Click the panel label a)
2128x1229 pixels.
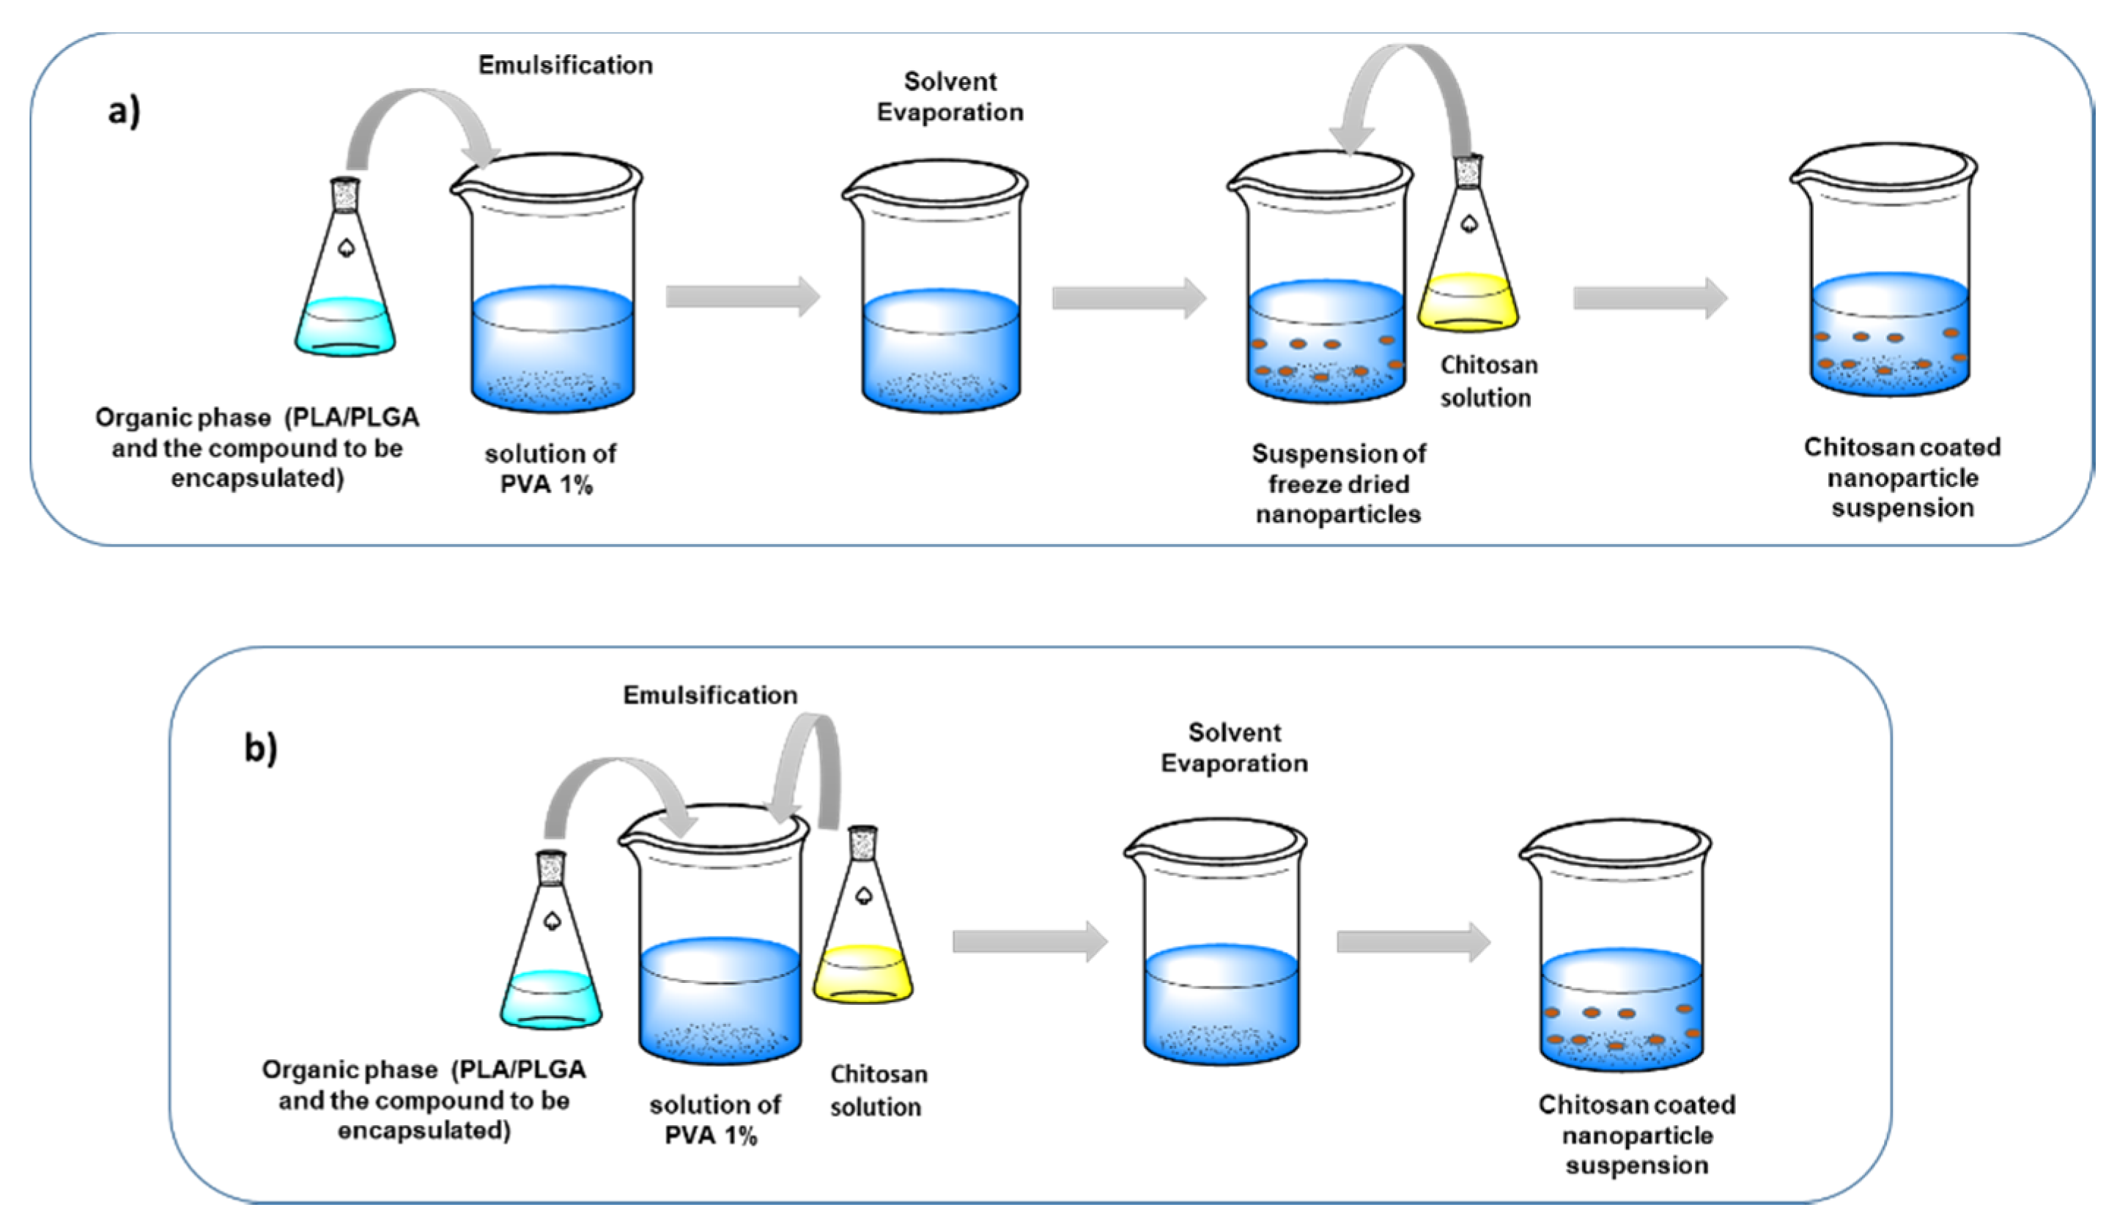coord(124,111)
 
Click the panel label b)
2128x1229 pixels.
coord(260,748)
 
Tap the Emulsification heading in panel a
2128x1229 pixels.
coord(565,65)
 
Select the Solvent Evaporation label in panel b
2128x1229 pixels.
coord(1234,748)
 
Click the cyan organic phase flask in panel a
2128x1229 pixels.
coord(344,278)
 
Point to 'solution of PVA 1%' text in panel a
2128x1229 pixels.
coord(550,469)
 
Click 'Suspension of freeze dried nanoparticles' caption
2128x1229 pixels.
coord(1339,483)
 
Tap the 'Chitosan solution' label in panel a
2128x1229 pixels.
coord(1488,382)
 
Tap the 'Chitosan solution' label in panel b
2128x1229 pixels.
coord(877,1091)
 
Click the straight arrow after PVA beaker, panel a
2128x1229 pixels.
coord(742,297)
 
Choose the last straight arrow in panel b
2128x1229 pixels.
coord(1413,942)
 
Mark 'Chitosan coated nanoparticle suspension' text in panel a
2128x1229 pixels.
coord(1902,478)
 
